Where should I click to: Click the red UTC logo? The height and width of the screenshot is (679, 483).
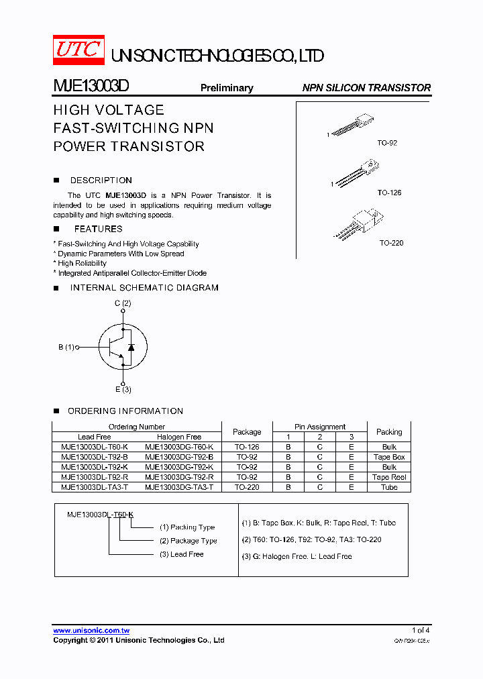(x=78, y=50)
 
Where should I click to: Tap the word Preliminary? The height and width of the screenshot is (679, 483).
(x=227, y=88)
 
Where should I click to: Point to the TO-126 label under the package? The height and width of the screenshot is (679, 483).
(x=389, y=193)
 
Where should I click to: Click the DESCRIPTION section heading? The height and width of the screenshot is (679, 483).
(x=101, y=180)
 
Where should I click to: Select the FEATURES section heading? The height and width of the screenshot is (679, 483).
(x=98, y=229)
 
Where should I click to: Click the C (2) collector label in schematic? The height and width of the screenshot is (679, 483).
(x=122, y=303)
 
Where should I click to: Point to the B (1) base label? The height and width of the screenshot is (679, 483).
(x=66, y=347)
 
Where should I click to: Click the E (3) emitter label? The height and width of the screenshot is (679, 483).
(x=123, y=390)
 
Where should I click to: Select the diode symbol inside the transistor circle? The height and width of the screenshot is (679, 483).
(x=131, y=347)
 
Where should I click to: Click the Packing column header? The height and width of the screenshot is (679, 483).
(x=389, y=431)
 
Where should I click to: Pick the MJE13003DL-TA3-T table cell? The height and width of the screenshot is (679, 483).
(x=95, y=487)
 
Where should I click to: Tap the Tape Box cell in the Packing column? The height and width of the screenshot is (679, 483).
(x=389, y=457)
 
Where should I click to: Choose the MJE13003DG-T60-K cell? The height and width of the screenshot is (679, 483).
(x=179, y=447)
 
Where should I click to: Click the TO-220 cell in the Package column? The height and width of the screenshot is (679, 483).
(x=247, y=487)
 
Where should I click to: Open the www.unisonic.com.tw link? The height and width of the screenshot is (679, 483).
(x=91, y=631)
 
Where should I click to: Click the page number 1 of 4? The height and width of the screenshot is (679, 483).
(x=421, y=630)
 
